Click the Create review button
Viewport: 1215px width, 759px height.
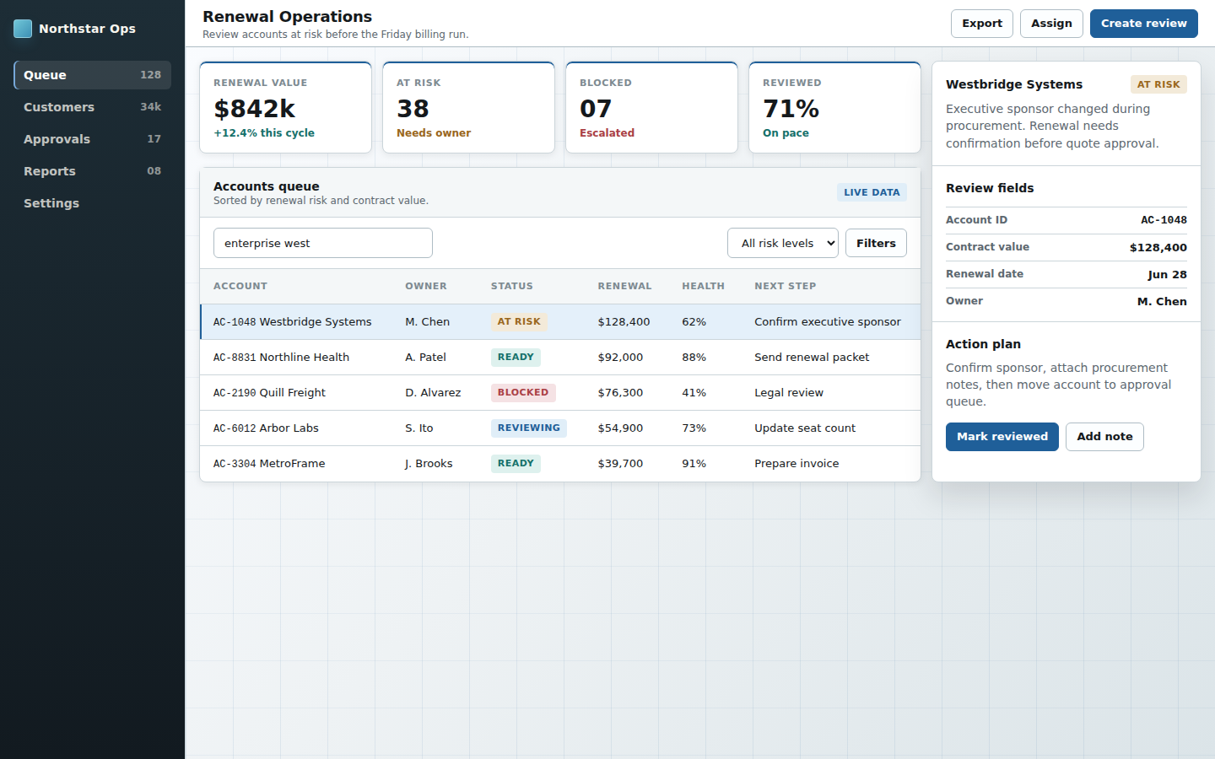pos(1143,24)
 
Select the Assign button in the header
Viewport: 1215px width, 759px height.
pos(1051,24)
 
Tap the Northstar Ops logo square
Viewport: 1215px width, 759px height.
pos(23,29)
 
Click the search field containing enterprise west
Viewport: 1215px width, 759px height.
pos(322,243)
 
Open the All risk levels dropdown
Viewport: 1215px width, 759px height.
pos(783,243)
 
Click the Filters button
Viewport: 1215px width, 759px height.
pos(876,243)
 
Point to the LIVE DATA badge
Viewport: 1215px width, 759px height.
pos(872,192)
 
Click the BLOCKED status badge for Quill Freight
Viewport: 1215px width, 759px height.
pos(523,392)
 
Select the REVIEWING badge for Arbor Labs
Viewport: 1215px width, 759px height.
pos(529,428)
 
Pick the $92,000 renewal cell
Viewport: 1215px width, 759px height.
pos(620,358)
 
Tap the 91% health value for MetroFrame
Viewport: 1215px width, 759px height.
pos(694,464)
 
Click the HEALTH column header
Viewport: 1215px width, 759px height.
pos(703,286)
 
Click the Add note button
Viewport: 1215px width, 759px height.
pos(1104,437)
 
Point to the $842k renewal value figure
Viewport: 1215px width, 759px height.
pos(255,109)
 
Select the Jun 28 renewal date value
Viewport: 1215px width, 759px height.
pos(1167,274)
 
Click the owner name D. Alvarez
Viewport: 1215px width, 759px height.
pos(433,392)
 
